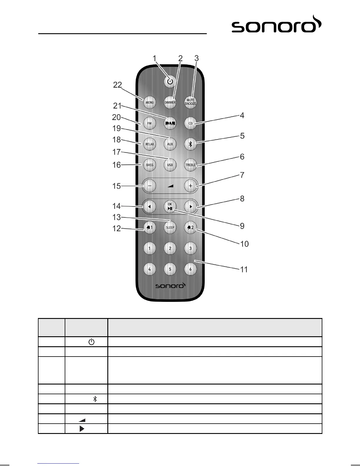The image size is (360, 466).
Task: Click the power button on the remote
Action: click(x=170, y=81)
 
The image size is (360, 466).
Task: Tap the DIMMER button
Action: click(x=170, y=102)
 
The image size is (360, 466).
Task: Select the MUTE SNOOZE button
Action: click(x=191, y=102)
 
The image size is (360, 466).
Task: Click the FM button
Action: click(x=149, y=123)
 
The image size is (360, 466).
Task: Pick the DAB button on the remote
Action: click(x=170, y=123)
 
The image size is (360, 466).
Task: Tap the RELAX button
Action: click(x=149, y=144)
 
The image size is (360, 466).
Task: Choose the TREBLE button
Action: click(x=191, y=165)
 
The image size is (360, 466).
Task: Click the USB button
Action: click(x=170, y=165)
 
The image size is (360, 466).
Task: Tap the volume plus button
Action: click(x=191, y=186)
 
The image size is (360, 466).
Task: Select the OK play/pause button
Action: click(x=170, y=207)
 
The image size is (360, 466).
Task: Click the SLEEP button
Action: click(x=170, y=227)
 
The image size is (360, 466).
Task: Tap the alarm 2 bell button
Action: click(x=191, y=227)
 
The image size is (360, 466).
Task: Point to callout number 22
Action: click(x=118, y=85)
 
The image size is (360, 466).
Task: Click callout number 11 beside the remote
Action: click(x=244, y=269)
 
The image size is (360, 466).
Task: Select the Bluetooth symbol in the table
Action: click(x=95, y=399)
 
